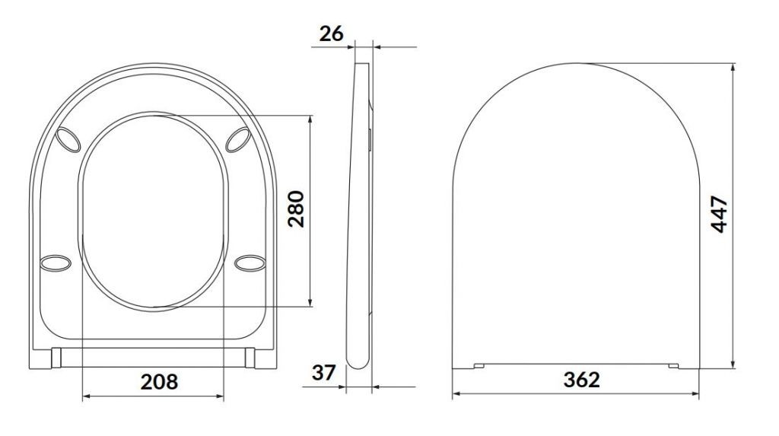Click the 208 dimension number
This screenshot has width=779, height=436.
[159, 382]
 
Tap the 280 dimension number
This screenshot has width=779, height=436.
[297, 208]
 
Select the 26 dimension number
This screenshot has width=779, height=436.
[331, 33]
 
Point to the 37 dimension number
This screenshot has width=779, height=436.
[324, 372]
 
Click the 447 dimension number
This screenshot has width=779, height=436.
[720, 215]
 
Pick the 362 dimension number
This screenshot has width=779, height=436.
[582, 380]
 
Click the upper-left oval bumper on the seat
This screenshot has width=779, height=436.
[68, 139]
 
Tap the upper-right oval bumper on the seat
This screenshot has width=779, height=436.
[238, 139]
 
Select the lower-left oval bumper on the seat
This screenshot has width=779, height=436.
[55, 263]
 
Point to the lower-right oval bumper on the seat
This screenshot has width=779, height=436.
[250, 263]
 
